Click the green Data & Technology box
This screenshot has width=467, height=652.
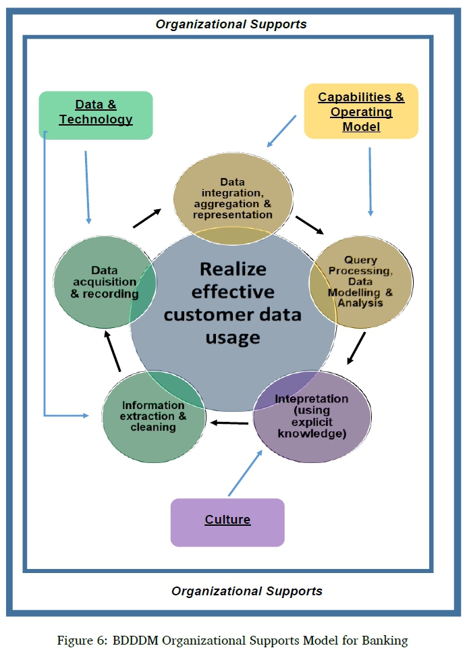[96, 115]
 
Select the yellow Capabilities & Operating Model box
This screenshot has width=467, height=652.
[361, 111]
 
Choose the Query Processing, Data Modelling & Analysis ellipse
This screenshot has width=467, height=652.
[360, 282]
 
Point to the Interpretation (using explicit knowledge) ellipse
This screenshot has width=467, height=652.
[312, 416]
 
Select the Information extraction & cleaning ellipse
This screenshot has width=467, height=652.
[153, 416]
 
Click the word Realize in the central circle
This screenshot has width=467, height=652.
[233, 268]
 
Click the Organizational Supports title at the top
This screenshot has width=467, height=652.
[231, 24]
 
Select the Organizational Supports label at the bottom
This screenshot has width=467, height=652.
[246, 591]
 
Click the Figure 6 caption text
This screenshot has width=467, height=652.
[233, 640]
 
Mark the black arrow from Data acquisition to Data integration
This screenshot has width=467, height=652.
[147, 218]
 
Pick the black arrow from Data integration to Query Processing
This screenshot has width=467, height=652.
[310, 225]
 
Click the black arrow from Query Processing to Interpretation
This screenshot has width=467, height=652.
[356, 347]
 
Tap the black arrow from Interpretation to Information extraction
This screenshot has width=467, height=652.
[229, 423]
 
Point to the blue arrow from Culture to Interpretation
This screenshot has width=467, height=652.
[245, 474]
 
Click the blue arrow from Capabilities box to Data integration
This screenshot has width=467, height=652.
[281, 131]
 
